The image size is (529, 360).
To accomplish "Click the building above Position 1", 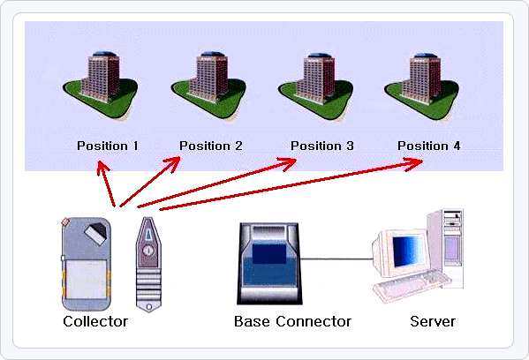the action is (x=101, y=85).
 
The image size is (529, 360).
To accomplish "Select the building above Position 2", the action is (x=209, y=85).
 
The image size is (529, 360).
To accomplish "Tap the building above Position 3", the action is (x=316, y=85).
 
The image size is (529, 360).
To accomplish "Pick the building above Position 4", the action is (x=422, y=85).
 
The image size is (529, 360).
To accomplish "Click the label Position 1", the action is (x=107, y=146).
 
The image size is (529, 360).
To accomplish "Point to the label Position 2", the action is (x=211, y=146).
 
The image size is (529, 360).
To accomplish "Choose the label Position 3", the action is (x=322, y=146).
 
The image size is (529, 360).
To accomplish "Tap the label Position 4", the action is (x=429, y=146).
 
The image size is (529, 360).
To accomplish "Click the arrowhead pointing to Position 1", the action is (x=102, y=168).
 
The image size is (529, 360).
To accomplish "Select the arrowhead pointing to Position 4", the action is (x=414, y=164).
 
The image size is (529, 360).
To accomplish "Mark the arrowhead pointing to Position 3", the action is (x=287, y=164).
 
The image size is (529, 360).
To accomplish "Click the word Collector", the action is (x=95, y=321).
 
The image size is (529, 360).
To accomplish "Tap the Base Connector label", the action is (x=292, y=321).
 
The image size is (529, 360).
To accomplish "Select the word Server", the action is (x=433, y=321).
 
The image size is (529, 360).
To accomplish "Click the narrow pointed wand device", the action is (x=148, y=265).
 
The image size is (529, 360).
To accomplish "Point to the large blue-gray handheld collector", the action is (x=87, y=264).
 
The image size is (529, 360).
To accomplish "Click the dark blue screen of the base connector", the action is (x=269, y=254).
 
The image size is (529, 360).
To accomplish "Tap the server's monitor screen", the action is (x=409, y=251).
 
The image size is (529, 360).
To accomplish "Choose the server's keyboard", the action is (x=413, y=285).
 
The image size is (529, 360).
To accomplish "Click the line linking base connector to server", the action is (x=336, y=259).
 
